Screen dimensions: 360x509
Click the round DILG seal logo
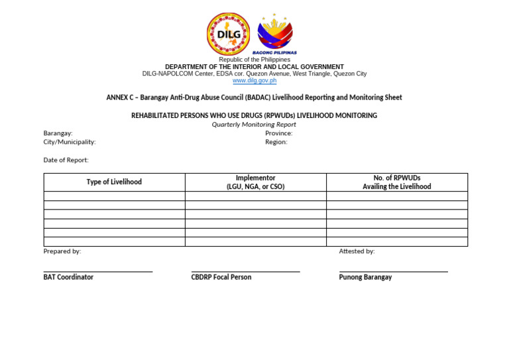(229, 34)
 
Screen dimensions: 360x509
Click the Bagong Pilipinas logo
(275, 33)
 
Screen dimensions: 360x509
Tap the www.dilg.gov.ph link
(254, 81)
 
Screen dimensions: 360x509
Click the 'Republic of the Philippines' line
(254, 60)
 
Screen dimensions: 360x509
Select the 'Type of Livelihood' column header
(114, 182)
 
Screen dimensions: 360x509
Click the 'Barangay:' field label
(58, 133)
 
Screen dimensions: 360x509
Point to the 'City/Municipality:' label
(70, 142)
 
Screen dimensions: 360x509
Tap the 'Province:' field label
(278, 133)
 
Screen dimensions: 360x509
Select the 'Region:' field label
(276, 142)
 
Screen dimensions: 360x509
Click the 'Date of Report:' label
(66, 160)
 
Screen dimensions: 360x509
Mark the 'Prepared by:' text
(62, 251)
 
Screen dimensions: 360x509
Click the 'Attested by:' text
(357, 251)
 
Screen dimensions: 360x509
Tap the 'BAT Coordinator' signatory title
(68, 277)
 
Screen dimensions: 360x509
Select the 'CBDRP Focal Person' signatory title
(221, 277)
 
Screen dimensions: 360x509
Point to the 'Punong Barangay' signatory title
(365, 277)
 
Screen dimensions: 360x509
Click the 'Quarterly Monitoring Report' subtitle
(254, 125)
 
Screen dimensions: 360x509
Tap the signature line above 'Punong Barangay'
(393, 271)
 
